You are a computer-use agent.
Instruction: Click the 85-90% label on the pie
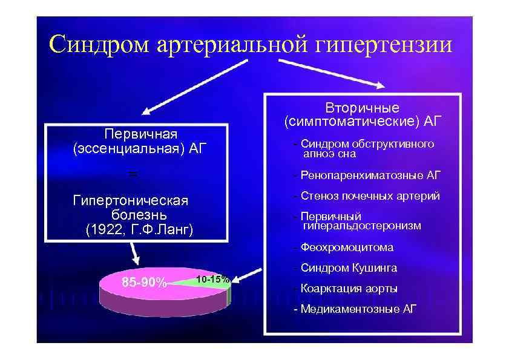144,282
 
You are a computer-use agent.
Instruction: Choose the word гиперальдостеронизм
362,226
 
